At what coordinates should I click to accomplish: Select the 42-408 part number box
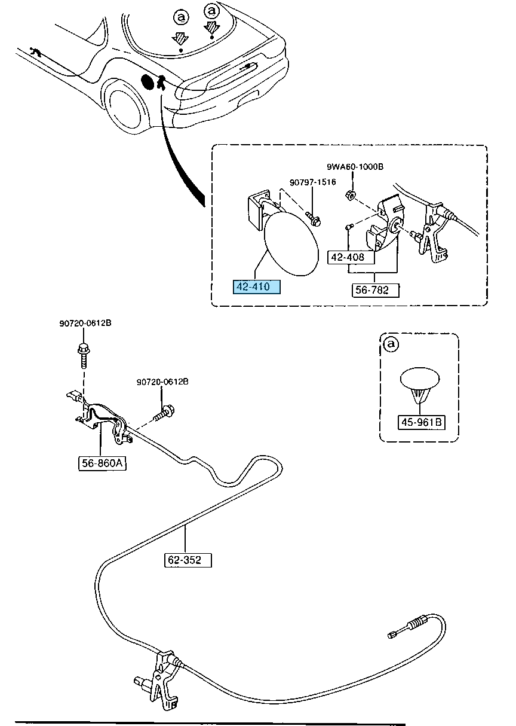point(351,257)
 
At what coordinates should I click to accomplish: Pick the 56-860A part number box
point(102,463)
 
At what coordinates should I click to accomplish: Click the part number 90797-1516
point(312,182)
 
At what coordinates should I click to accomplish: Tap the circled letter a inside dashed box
point(391,344)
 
